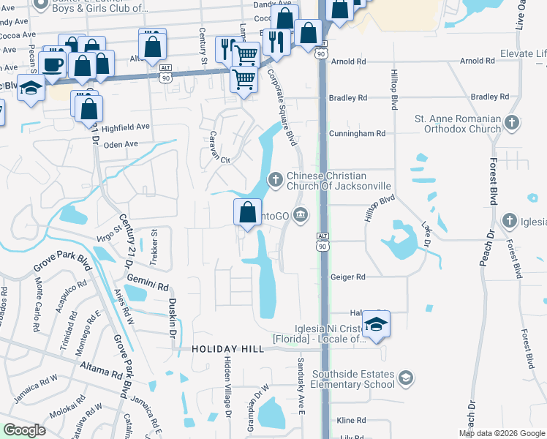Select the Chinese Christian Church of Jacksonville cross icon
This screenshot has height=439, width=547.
pyautogui.click(x=276, y=179)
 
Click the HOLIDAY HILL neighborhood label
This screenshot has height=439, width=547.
pyautogui.click(x=227, y=350)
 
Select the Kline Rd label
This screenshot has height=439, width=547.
pyautogui.click(x=351, y=421)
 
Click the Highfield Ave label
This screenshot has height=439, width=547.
pyautogui.click(x=125, y=127)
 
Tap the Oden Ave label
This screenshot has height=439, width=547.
pyautogui.click(x=121, y=144)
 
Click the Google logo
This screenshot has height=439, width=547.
pyautogui.click(x=24, y=430)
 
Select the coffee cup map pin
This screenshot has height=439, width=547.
pyautogui.click(x=53, y=65)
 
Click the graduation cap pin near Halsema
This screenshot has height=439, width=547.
pyautogui.click(x=376, y=324)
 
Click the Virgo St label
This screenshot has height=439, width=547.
pyautogui.click(x=107, y=234)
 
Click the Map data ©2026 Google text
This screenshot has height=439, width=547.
pyautogui.click(x=502, y=433)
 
